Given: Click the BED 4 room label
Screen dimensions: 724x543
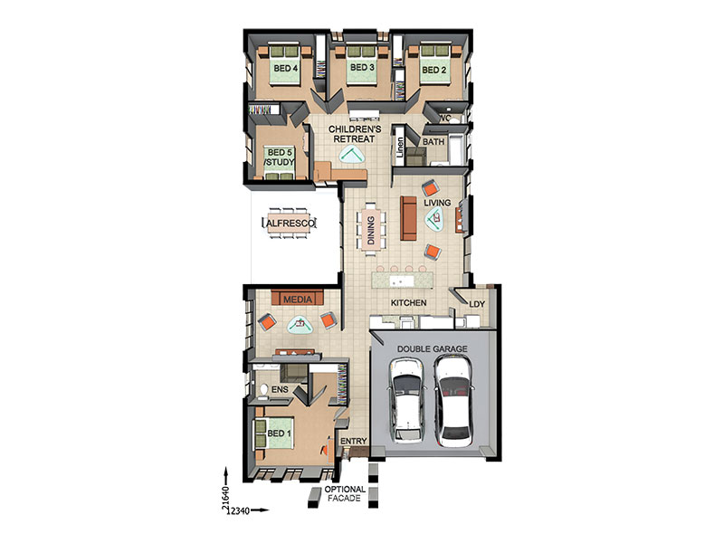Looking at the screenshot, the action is (285, 69).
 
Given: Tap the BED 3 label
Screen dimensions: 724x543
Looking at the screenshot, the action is (362, 67).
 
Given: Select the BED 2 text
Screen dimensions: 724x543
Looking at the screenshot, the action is (434, 71).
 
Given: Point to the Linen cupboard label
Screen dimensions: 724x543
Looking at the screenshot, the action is (400, 147).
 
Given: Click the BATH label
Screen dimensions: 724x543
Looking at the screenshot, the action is (433, 142).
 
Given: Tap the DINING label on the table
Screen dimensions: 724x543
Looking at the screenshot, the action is (371, 231).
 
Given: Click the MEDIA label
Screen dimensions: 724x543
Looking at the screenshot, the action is (298, 300).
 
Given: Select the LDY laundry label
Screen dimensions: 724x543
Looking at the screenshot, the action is (477, 304).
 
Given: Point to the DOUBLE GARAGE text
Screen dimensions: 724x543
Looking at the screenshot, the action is (433, 349).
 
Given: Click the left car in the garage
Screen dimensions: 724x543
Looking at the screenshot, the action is (406, 400).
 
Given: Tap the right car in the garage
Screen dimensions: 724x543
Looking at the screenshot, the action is (453, 401).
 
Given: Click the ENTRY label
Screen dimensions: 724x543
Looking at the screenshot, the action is (353, 441).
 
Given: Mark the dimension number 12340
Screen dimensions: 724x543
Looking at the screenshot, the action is (239, 510).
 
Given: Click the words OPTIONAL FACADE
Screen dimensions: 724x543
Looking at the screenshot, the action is (345, 493).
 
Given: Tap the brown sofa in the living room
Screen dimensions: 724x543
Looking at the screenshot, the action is (408, 218).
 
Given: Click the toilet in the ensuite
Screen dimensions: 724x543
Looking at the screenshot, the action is (263, 390).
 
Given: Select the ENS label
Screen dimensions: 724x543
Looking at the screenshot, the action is (280, 390).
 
